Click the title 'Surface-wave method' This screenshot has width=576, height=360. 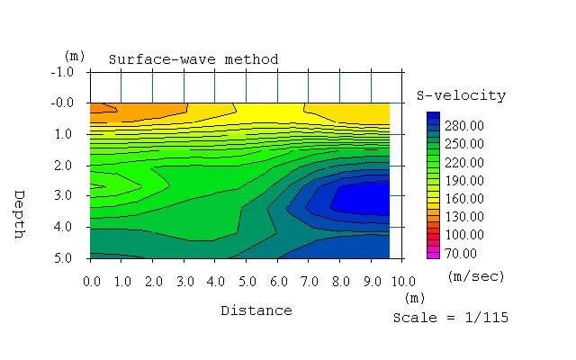coord(193,59)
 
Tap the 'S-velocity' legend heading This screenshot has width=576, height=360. coord(461,95)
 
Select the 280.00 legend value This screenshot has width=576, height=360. coord(465,125)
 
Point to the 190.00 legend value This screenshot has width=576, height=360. coord(465,180)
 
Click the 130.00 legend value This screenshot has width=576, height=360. coord(465,216)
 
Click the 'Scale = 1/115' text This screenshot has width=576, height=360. coord(450,317)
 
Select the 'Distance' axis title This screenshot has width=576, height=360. coord(256,310)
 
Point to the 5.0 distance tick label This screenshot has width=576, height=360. coord(247,282)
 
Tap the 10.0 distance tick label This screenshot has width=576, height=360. coord(402,282)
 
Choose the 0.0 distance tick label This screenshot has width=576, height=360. coord(92,282)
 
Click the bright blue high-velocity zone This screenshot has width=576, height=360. coord(360,198)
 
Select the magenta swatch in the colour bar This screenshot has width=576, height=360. coord(433,254)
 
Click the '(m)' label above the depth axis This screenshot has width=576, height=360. coord(75,56)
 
